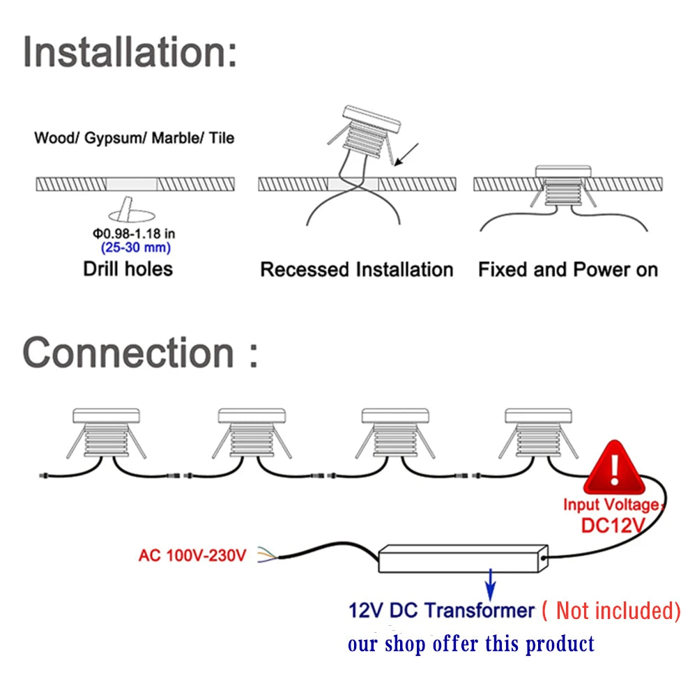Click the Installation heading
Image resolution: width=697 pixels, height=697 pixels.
[130, 52]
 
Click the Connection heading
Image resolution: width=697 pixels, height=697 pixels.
[140, 352]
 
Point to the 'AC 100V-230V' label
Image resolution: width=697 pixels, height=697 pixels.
[192, 556]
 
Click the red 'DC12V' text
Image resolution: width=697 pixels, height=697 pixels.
[613, 524]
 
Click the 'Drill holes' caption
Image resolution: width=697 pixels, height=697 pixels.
[128, 269]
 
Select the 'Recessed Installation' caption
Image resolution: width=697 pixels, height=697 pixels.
[356, 270]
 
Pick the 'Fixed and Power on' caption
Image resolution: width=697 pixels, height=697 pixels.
[568, 270]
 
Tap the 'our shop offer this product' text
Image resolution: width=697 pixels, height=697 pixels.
[471, 643]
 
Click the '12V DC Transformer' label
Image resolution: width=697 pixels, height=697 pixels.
[441, 611]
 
